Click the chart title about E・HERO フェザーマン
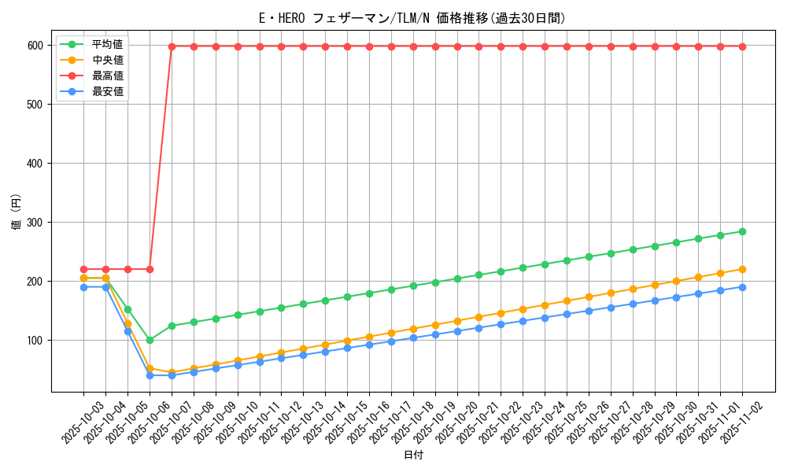pos(412,18)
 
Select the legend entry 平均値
pos(107,44)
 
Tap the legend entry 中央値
pos(107,60)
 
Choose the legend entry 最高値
pos(107,76)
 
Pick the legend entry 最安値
pos(107,91)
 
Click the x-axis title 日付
pos(412,455)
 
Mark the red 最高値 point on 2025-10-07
pos(172,46)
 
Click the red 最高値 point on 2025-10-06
pos(150,269)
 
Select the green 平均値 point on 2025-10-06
pos(150,340)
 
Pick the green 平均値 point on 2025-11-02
pos(742,231)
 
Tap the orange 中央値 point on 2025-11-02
pos(742,269)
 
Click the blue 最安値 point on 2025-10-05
pos(127,331)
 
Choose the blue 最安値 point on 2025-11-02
pos(742,287)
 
